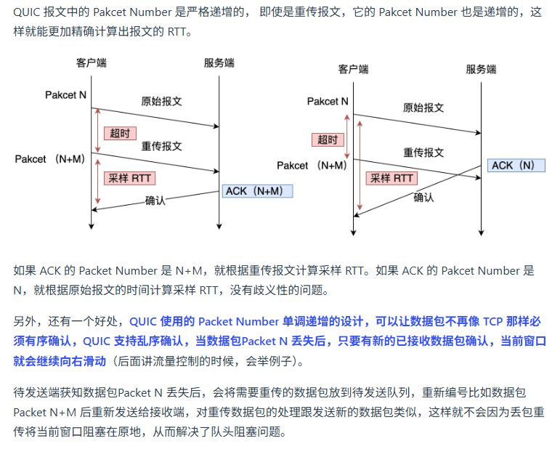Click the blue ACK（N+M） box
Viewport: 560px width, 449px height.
tap(258, 191)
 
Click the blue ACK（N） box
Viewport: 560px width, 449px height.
tap(514, 166)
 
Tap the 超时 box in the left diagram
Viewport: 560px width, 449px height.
tap(121, 133)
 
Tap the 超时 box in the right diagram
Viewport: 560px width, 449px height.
tap(328, 139)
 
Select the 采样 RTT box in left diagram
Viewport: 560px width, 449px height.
tap(130, 178)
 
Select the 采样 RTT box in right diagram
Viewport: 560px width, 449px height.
tap(391, 178)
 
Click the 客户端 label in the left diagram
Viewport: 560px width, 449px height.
tap(92, 62)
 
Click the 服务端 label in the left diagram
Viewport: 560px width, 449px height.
tap(219, 62)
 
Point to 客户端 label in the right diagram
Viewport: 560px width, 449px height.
tap(353, 69)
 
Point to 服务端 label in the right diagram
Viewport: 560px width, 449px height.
tap(481, 69)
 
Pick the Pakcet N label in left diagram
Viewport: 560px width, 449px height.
tap(66, 95)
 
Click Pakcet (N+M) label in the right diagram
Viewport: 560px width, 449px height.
tap(312, 165)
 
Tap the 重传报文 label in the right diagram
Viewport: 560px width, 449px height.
tap(423, 152)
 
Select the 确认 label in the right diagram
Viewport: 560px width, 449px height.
tap(424, 197)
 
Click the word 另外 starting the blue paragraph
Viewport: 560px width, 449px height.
tap(25, 320)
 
